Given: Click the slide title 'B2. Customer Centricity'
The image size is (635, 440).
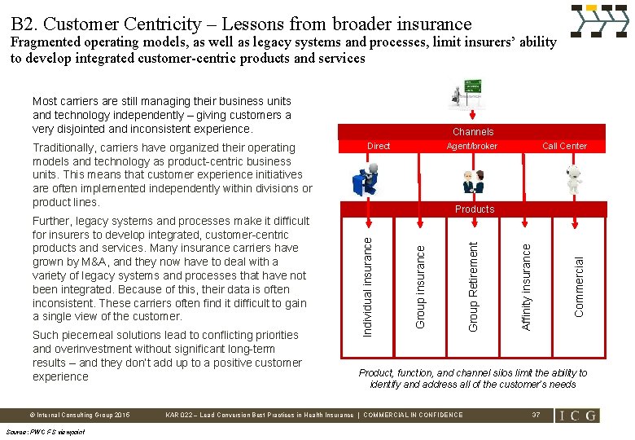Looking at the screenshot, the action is click(241, 23).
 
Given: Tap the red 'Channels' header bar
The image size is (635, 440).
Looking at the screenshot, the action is click(473, 131).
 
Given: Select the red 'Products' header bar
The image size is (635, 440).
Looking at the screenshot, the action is click(475, 209).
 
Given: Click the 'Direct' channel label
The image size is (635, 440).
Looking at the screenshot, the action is click(379, 146).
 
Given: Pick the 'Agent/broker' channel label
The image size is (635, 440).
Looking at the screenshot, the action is click(472, 146).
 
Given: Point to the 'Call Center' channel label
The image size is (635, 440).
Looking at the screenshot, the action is click(564, 146).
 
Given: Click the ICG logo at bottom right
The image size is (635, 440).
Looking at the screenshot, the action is click(578, 416).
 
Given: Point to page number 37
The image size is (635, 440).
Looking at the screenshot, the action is click(536, 416).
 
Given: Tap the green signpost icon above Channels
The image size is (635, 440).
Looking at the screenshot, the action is click(468, 96).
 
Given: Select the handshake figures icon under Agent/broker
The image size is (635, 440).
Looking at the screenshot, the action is click(473, 180).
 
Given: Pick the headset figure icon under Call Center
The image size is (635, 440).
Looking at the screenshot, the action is click(574, 178).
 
